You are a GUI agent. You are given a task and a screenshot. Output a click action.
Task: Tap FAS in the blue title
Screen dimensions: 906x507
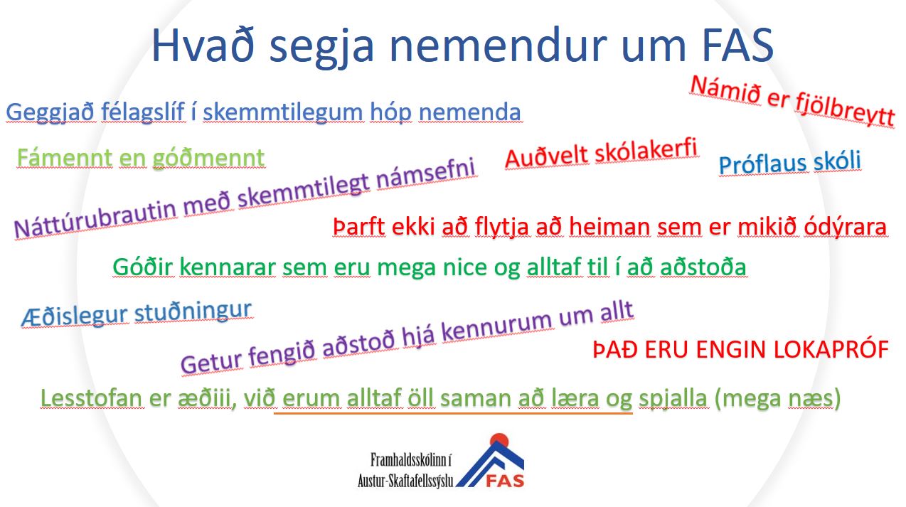tap(737, 46)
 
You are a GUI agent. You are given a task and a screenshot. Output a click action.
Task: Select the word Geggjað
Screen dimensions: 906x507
tap(50, 113)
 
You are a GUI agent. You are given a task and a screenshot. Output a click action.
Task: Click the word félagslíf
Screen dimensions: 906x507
tap(143, 112)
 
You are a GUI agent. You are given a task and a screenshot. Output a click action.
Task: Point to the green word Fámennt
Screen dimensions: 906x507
tap(64, 158)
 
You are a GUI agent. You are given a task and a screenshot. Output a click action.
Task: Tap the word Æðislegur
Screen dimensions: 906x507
tap(75, 316)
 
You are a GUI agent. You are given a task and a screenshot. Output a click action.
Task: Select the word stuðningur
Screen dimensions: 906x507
tap(193, 311)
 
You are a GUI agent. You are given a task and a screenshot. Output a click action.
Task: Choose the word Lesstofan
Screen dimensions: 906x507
tap(92, 398)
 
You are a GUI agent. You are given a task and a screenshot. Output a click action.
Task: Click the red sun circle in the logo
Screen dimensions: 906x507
tap(499, 441)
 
